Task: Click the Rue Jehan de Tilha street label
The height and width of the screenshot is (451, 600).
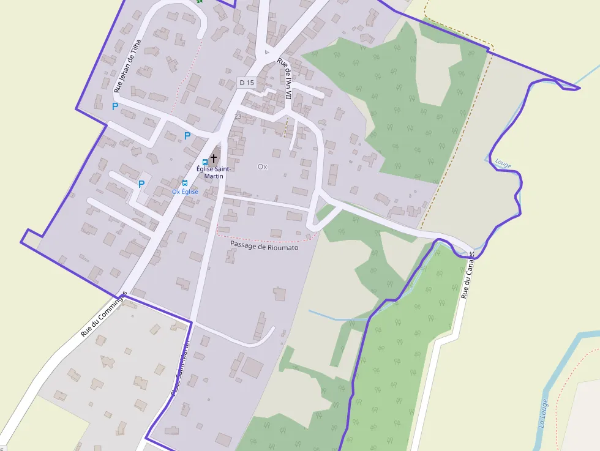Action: point(128,66)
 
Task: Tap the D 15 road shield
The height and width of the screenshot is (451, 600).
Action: point(247,82)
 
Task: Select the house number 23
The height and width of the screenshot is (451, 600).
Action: point(238,116)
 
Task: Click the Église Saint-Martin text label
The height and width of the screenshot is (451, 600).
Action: point(214,172)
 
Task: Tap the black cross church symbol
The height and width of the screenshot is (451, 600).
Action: point(214,158)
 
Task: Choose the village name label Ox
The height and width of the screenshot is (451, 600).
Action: point(263,166)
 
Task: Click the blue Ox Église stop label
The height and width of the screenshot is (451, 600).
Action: point(185,192)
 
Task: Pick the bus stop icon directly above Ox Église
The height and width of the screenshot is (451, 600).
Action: point(184,183)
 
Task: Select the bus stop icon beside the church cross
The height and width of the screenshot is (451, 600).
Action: point(205,162)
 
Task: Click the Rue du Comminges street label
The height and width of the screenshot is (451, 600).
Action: point(103,314)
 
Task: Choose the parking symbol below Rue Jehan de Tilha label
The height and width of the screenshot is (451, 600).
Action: point(114,106)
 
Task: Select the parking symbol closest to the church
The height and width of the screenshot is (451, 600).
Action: point(187,136)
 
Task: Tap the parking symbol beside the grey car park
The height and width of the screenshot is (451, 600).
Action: point(141,184)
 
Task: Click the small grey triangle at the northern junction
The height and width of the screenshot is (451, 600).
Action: point(265,53)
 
